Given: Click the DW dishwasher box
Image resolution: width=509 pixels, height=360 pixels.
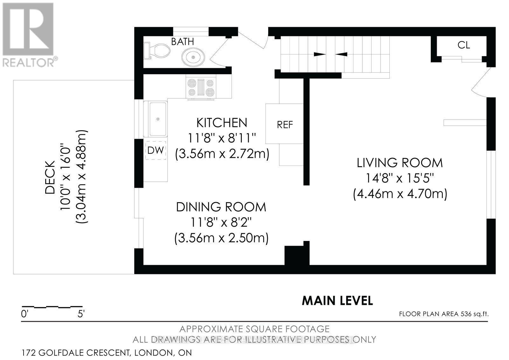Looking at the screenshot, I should coord(156,150).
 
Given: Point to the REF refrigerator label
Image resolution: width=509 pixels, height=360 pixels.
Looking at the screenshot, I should coord(285,125).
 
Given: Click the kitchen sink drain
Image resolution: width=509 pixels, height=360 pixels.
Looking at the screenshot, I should coord(158,119).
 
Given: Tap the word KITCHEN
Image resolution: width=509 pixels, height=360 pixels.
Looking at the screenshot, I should coord(221,123).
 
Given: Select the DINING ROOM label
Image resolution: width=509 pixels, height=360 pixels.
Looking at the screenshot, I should coord(221,207).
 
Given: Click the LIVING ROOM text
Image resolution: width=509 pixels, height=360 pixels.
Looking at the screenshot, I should coord(400,163).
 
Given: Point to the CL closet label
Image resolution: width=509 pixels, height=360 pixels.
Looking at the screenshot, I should coord(464,45).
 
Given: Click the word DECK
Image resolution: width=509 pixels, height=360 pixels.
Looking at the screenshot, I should coord(50,177).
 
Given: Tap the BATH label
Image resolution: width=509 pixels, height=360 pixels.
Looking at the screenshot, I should coord(182,41).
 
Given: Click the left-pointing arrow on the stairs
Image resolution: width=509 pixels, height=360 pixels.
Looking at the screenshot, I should coord(341,54).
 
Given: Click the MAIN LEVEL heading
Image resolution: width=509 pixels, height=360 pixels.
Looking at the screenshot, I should coord(337,300).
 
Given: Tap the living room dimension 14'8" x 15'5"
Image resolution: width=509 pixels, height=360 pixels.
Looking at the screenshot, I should coord(400,178).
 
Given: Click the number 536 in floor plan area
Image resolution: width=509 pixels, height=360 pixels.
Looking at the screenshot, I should coord(466,314).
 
